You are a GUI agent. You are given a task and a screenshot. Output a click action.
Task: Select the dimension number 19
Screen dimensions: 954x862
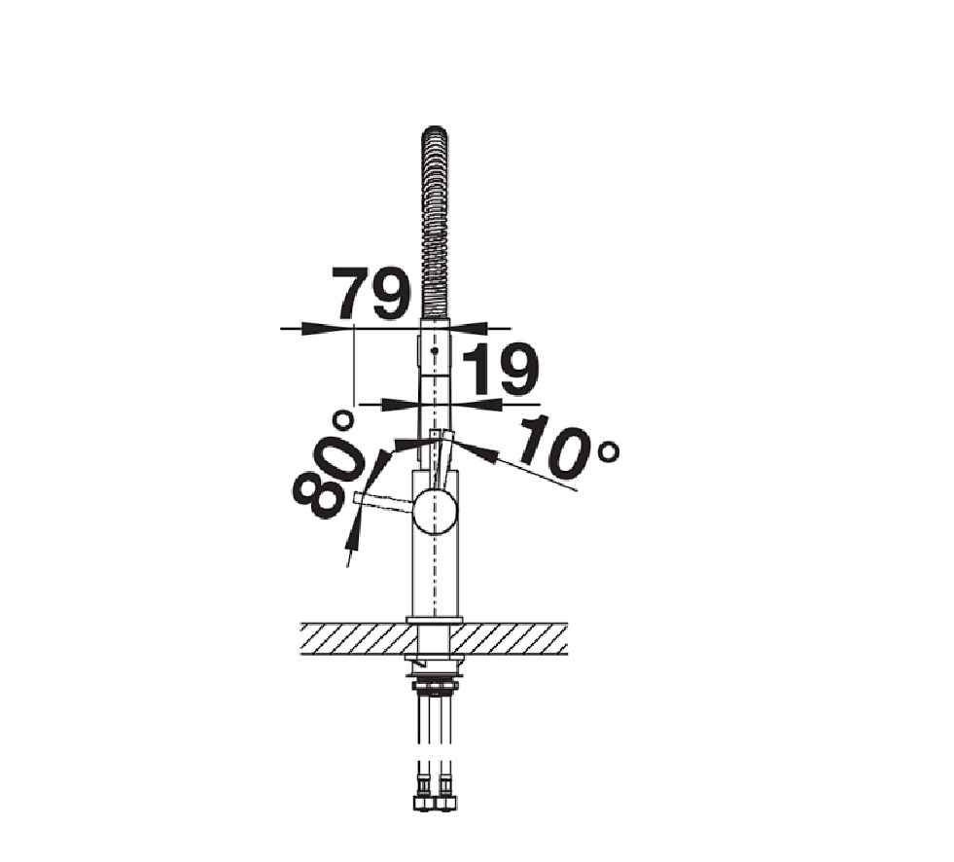(501, 369)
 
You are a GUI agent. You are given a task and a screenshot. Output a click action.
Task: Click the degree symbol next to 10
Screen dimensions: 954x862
(609, 451)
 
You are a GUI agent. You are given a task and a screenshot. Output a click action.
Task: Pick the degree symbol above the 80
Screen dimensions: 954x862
(343, 420)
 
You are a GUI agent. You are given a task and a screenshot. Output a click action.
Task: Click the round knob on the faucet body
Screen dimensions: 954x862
(434, 512)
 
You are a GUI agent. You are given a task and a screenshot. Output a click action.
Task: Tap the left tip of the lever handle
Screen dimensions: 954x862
(355, 497)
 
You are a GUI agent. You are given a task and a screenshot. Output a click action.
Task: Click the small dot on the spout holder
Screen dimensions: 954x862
(434, 351)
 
